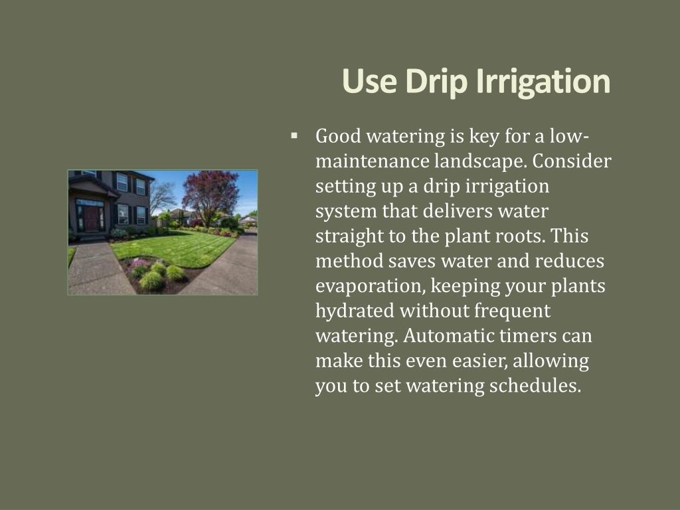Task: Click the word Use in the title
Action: coord(369,81)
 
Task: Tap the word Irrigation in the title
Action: coord(543,82)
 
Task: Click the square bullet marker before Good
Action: coord(294,135)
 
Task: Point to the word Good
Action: coord(338,136)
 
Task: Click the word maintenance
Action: coord(373,161)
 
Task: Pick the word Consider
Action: coord(572,161)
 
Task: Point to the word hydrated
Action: coord(355,311)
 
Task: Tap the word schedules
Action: coord(535,386)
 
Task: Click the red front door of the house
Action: coord(92,218)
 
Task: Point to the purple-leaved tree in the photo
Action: coord(211,194)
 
